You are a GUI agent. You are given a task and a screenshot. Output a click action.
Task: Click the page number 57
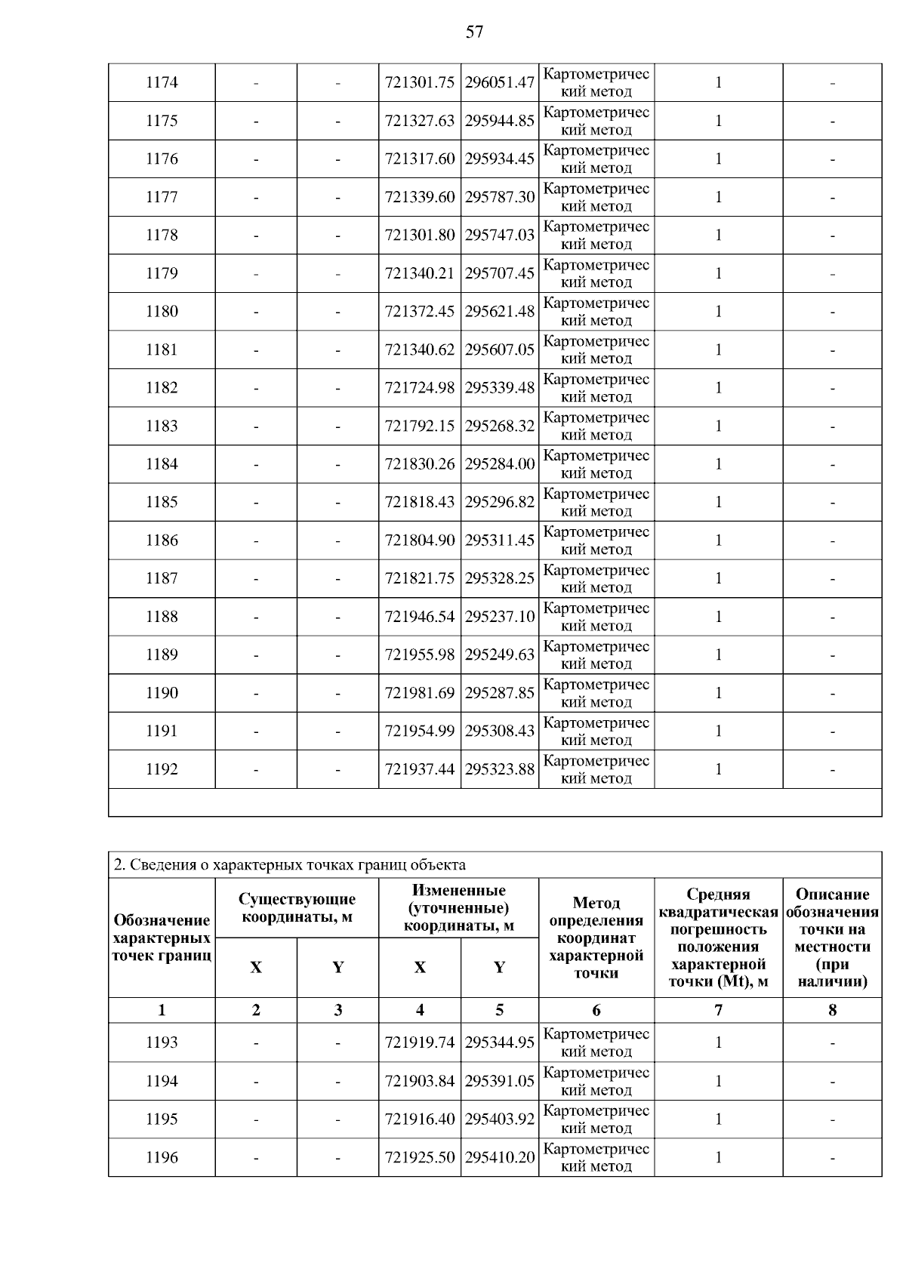pos(474,32)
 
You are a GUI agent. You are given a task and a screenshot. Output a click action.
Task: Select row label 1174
pos(162,82)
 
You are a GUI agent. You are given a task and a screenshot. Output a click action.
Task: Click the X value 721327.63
pos(420,121)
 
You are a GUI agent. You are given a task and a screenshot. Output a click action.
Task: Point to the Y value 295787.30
pos(500,197)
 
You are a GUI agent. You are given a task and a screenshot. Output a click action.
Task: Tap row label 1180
pos(162,311)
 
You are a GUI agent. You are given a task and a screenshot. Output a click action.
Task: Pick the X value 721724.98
pos(420,387)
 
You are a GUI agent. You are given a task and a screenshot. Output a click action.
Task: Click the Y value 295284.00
pos(500,463)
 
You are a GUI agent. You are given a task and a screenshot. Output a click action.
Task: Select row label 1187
pos(162,578)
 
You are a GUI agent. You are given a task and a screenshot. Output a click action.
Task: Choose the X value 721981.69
pos(420,692)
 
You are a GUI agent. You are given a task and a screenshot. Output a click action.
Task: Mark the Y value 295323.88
pos(500,768)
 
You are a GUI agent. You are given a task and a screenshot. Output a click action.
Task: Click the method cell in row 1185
pos(596,502)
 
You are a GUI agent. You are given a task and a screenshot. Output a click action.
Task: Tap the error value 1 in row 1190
pos(718,692)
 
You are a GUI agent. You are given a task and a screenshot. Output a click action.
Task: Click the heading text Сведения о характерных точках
pos(290,864)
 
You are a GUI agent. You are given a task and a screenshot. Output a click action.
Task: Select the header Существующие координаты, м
pos(297,907)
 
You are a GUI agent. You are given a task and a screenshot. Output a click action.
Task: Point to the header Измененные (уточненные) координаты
pos(458,907)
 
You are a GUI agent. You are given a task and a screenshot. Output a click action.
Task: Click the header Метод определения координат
pos(596,937)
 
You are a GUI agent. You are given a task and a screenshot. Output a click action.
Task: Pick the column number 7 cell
pos(718,1010)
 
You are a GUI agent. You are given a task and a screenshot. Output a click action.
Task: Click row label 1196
pos(162,1157)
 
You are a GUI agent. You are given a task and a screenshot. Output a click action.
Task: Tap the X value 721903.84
pos(420,1081)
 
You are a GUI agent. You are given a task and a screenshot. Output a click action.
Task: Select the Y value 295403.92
pos(500,1119)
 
